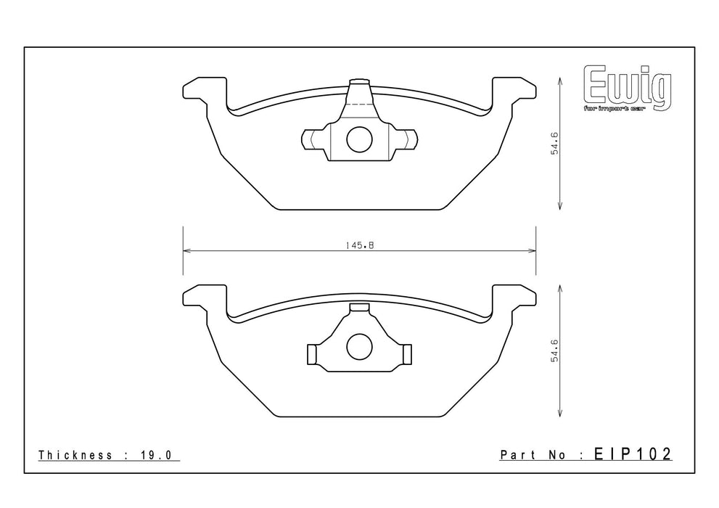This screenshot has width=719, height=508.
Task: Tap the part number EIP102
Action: click(x=633, y=454)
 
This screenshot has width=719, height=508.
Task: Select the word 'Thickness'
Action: click(x=75, y=455)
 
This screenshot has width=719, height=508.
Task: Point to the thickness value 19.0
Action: click(x=155, y=455)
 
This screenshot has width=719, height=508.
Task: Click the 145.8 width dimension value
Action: click(x=360, y=245)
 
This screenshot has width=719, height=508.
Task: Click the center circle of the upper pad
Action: click(x=359, y=139)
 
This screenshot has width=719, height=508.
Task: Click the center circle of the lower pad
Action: click(x=359, y=347)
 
